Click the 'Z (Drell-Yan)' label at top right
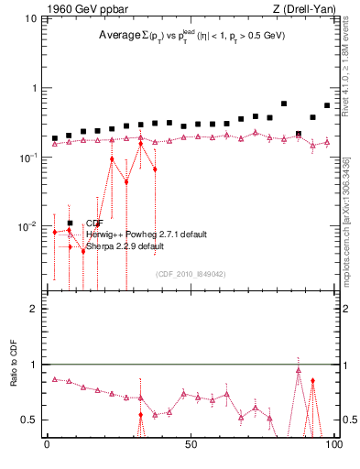pos(301,10)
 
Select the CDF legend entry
pos(94,223)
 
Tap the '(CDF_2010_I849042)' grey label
pos(191,273)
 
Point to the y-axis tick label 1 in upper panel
pos(34,89)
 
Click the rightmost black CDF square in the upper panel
pos(327,105)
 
